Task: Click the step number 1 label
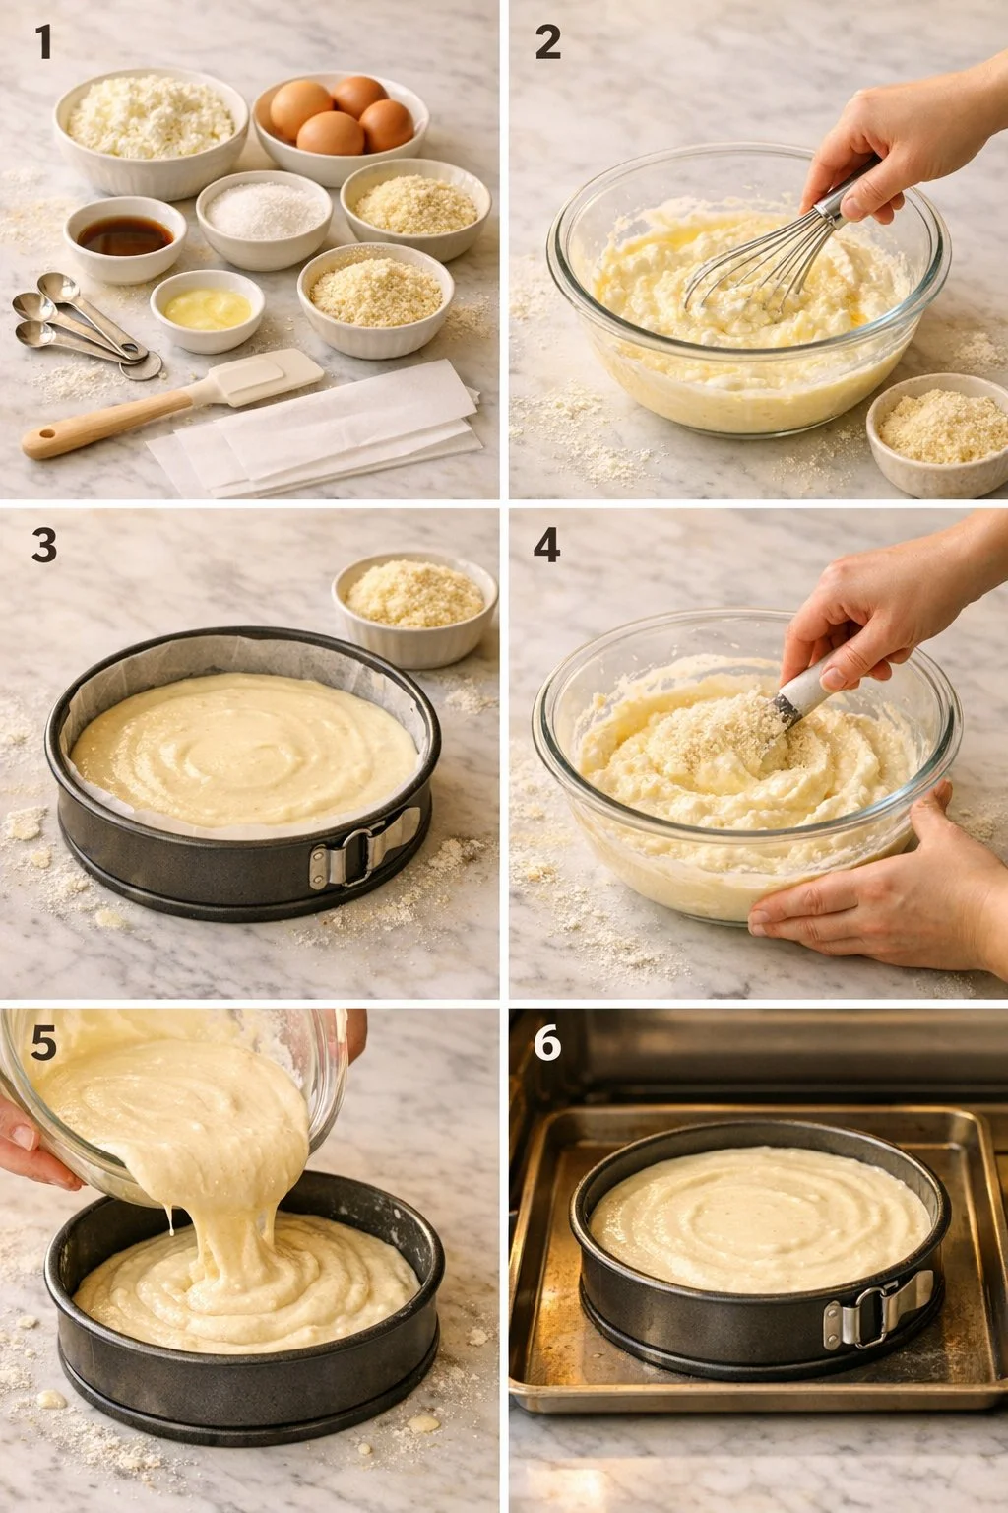43,42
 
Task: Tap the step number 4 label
546,545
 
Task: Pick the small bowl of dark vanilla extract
125,237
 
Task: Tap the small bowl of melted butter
207,309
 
